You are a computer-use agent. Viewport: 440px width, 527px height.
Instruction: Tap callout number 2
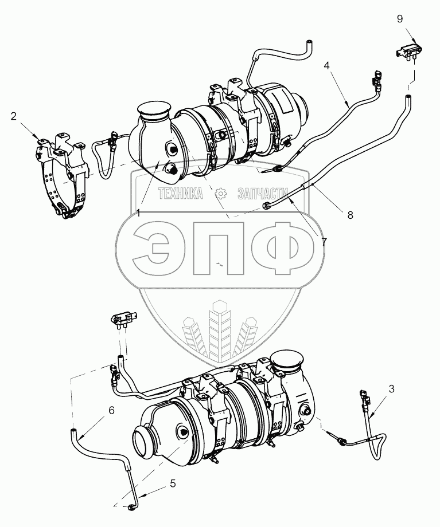[13, 116]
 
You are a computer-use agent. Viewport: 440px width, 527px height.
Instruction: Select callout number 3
[391, 388]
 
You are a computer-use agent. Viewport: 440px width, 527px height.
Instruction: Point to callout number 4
[326, 65]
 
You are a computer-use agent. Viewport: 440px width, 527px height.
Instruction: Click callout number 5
[172, 483]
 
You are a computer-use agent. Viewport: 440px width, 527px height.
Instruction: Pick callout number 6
[111, 410]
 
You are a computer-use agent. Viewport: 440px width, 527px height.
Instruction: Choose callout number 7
[324, 242]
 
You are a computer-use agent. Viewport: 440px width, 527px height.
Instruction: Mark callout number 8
[350, 215]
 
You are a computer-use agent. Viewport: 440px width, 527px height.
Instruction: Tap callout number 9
[400, 19]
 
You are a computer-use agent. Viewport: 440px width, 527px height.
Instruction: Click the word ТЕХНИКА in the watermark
[181, 194]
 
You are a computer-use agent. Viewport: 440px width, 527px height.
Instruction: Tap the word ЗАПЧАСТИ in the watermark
[263, 194]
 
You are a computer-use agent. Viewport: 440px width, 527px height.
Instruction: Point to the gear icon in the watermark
[220, 194]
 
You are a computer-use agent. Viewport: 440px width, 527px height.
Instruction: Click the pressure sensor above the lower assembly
[124, 319]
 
